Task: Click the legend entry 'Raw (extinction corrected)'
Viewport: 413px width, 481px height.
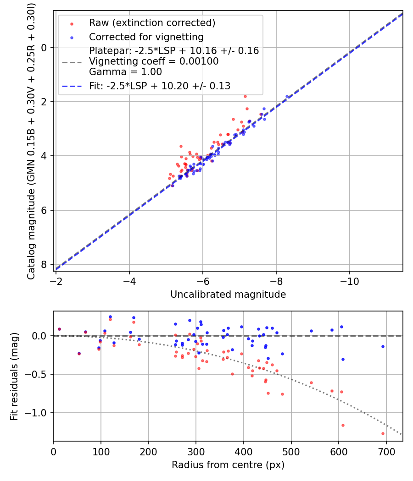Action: pyautogui.click(x=152, y=23)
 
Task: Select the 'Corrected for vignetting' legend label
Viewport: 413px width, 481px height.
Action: pyautogui.click(x=146, y=37)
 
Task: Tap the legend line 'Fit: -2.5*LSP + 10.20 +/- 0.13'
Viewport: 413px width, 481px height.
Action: pyautogui.click(x=160, y=86)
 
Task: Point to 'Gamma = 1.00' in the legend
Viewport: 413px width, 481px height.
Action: pyautogui.click(x=125, y=72)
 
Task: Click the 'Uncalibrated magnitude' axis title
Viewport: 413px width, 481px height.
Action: pyautogui.click(x=228, y=295)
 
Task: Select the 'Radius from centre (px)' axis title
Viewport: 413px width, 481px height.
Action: pyautogui.click(x=228, y=465)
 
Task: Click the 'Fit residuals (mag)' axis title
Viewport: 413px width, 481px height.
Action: pyautogui.click(x=14, y=377)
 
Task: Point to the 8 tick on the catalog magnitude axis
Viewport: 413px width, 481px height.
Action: pyautogui.click(x=44, y=264)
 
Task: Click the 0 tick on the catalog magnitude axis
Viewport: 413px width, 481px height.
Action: pyautogui.click(x=44, y=48)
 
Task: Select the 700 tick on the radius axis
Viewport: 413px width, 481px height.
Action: pyautogui.click(x=386, y=452)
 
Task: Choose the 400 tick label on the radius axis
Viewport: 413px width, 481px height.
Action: pyautogui.click(x=243, y=452)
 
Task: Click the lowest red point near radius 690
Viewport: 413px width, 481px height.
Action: pyautogui.click(x=383, y=433)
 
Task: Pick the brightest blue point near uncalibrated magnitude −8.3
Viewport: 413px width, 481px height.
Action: pyautogui.click(x=287, y=96)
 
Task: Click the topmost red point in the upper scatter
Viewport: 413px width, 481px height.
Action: pyautogui.click(x=245, y=96)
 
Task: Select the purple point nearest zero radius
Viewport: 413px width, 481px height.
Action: pyautogui.click(x=59, y=329)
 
